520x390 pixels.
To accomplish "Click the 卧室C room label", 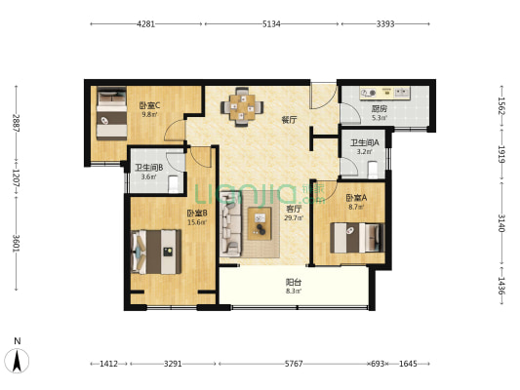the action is click(x=149, y=105).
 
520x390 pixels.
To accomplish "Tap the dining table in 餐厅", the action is click(x=242, y=106).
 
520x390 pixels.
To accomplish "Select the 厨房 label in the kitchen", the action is click(x=380, y=108).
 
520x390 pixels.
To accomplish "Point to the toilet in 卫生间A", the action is click(x=373, y=170).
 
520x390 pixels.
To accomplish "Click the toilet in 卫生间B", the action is click(x=174, y=184).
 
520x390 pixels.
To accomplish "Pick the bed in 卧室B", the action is click(x=156, y=252).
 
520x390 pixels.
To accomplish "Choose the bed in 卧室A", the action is click(x=357, y=238).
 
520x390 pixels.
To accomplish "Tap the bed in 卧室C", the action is click(x=112, y=113).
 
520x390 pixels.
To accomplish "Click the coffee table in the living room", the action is click(x=260, y=223).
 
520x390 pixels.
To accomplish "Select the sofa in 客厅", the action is click(x=230, y=224).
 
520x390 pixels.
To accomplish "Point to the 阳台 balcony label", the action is click(x=294, y=283).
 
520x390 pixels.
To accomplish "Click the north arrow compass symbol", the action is click(x=17, y=360).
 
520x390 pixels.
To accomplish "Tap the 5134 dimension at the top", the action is click(x=271, y=23).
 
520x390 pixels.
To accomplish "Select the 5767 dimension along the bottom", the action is click(x=294, y=364).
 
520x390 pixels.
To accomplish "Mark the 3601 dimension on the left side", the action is click(x=16, y=244).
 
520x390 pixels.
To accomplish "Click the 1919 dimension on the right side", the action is click(x=501, y=154).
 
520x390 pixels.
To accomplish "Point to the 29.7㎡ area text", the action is click(x=294, y=218).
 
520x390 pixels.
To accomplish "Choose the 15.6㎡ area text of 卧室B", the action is click(x=197, y=222).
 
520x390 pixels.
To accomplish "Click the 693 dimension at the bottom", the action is click(x=378, y=364).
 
